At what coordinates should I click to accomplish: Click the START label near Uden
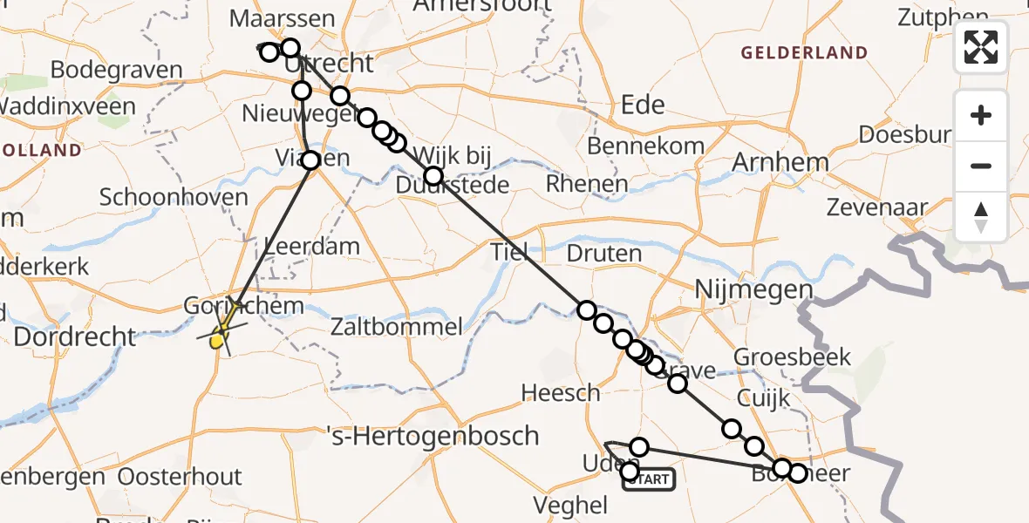tap(649, 479)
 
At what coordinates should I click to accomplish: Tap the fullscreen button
tap(981, 47)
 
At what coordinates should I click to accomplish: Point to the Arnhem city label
tap(780, 162)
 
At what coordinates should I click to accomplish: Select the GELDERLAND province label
tap(804, 53)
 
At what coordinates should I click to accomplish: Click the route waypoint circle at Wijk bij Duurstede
tap(433, 176)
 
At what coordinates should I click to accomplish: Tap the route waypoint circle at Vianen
tap(310, 160)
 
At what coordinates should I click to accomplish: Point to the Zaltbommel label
tap(396, 328)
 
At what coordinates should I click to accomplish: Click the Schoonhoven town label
tap(174, 197)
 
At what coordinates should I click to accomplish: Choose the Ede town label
tap(642, 105)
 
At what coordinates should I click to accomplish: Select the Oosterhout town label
tap(180, 477)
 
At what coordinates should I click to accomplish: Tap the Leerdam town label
tap(311, 246)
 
